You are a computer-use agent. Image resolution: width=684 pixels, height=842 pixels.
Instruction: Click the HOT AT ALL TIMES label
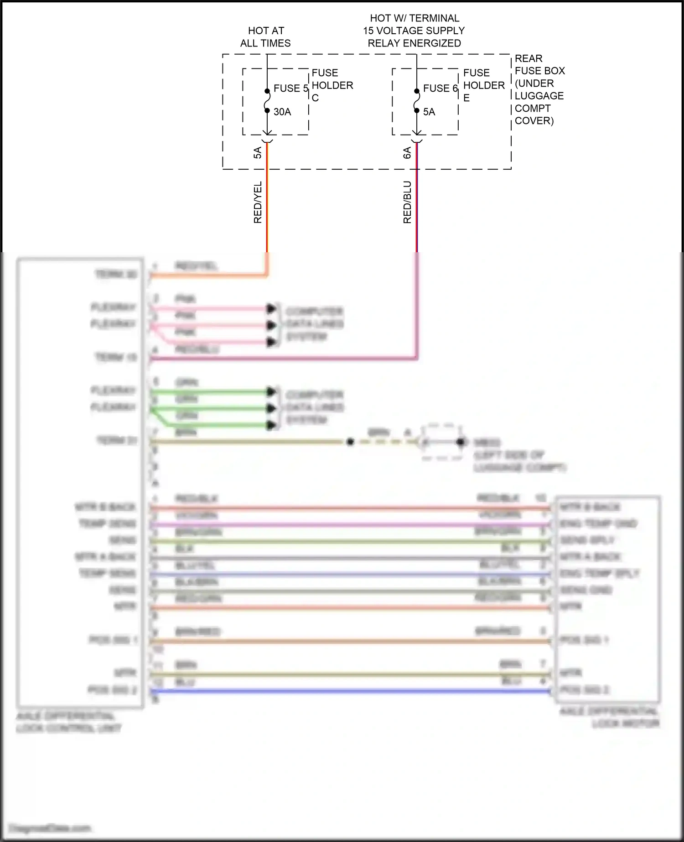[x=265, y=37]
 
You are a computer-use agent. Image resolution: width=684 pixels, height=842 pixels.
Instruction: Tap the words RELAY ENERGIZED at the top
[x=414, y=43]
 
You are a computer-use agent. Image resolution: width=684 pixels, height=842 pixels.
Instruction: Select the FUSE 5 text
[x=290, y=88]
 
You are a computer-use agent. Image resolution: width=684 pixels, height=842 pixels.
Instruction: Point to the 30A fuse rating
[x=282, y=112]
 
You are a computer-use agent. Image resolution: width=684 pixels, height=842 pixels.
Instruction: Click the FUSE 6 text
[x=440, y=88]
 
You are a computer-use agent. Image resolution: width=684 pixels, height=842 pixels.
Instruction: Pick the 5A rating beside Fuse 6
[x=429, y=112]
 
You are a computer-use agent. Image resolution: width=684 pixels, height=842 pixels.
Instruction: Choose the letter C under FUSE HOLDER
[x=315, y=98]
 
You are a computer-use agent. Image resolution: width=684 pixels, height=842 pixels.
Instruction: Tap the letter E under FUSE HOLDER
[x=466, y=98]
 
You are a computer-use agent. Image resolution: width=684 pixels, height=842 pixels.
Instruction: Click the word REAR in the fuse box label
[x=529, y=59]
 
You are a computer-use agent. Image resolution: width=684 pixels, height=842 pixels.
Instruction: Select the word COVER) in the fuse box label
[x=534, y=121]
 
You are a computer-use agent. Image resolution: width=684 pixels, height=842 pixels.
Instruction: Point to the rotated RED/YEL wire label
[x=258, y=202]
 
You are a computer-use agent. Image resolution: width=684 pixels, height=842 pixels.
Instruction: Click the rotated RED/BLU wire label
[x=407, y=202]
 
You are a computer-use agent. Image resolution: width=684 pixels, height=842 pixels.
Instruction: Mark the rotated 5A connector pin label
[x=258, y=153]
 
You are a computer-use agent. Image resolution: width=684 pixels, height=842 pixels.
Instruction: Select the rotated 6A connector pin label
[x=407, y=153]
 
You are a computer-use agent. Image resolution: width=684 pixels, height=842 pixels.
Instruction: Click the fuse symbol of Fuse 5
[x=267, y=101]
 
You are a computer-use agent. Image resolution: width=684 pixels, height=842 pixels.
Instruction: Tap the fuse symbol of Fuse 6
[x=417, y=101]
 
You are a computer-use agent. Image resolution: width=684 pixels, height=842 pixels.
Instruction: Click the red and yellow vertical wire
[x=267, y=205]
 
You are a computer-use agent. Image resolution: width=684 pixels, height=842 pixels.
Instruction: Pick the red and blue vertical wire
[x=417, y=205]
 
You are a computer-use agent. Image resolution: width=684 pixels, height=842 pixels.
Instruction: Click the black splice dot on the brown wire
[x=350, y=442]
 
